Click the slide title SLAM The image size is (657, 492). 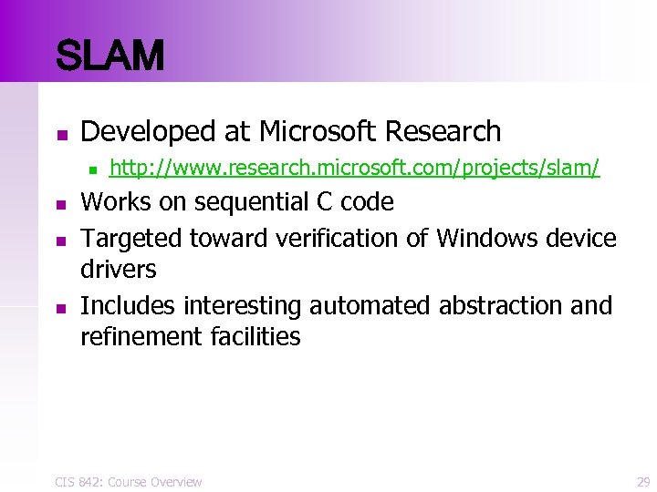pyautogui.click(x=109, y=56)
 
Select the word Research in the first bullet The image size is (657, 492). pyautogui.click(x=443, y=132)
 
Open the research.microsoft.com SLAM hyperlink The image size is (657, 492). pyautogui.click(x=354, y=168)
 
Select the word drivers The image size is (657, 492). pyautogui.click(x=119, y=270)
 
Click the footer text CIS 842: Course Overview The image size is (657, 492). pyautogui.click(x=129, y=481)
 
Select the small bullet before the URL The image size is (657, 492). pyautogui.click(x=89, y=169)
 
